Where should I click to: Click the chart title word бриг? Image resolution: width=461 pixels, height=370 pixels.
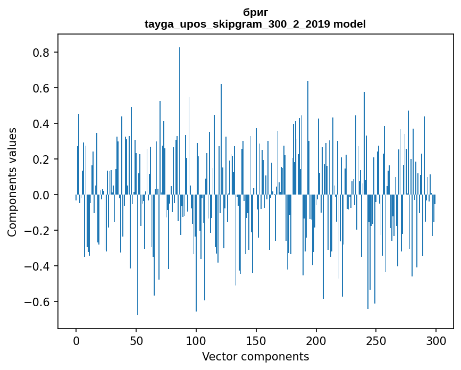pos(255,12)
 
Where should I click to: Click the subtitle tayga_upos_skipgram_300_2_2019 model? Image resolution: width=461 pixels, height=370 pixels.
pos(255,24)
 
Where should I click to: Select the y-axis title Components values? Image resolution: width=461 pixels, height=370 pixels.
pos(12,182)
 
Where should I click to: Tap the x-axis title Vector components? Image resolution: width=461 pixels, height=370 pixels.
pos(255,356)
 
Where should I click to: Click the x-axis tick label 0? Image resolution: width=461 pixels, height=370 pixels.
pos(76,340)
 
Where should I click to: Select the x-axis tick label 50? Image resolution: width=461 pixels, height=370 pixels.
pos(136,340)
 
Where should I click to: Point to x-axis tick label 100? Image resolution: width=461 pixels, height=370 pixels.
pos(196,340)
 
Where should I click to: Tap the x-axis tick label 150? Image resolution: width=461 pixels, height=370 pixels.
pos(256,340)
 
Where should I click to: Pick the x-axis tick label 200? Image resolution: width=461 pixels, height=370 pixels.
pos(316,340)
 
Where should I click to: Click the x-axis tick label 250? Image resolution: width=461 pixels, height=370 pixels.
pos(376,340)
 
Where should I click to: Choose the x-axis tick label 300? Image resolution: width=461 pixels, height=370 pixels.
pos(437,340)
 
